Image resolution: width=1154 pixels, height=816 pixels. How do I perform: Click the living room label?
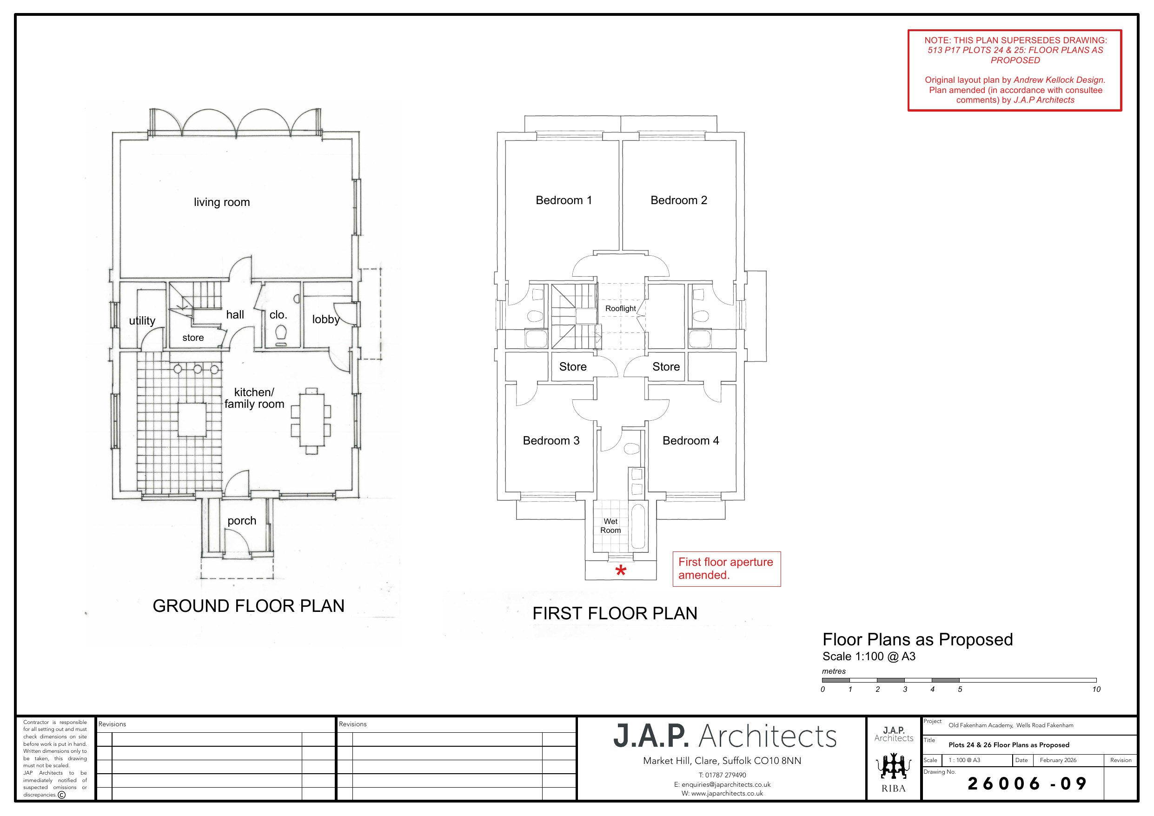(222, 202)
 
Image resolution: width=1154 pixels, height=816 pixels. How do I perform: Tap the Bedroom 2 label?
(678, 200)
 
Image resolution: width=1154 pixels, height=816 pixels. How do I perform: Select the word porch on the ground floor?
(242, 521)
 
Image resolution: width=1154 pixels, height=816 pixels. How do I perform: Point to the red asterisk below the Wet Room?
(621, 571)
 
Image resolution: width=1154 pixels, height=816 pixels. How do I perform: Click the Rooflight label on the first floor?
(620, 308)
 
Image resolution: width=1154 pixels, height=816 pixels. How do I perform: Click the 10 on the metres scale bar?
(1096, 690)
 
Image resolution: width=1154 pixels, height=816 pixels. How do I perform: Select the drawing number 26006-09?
(1028, 783)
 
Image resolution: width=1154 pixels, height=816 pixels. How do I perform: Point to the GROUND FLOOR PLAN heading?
(248, 606)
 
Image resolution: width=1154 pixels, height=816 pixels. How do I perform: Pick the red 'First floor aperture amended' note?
(726, 569)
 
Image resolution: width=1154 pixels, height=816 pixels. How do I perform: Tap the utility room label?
(142, 321)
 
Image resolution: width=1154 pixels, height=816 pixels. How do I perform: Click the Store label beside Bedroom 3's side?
(573, 366)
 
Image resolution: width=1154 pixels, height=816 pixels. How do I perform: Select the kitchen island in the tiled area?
(192, 419)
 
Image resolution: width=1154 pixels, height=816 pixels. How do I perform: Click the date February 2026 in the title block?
(1058, 760)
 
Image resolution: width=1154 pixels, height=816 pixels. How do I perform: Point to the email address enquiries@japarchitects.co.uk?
(722, 784)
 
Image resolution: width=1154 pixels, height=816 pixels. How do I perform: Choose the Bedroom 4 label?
(690, 441)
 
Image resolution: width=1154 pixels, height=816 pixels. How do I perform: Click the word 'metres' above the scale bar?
(834, 671)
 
